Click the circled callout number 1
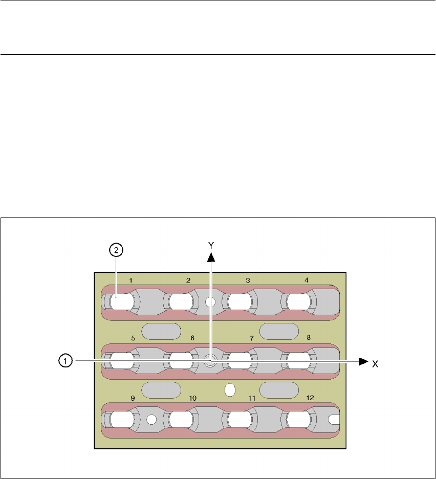(64, 361)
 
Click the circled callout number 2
(117, 250)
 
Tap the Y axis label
(211, 245)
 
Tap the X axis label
(375, 364)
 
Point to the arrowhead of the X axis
(363, 361)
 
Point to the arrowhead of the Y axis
(211, 256)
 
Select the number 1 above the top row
(131, 280)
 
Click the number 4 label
(307, 280)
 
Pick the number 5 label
(133, 338)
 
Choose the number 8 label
(308, 338)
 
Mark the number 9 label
(133, 398)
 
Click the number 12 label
(309, 398)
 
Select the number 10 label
(192, 398)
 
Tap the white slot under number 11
(240, 420)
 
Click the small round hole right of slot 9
(151, 420)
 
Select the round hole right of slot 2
(209, 302)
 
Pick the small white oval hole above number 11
(230, 390)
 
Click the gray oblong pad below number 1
(161, 331)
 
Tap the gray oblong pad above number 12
(279, 390)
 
